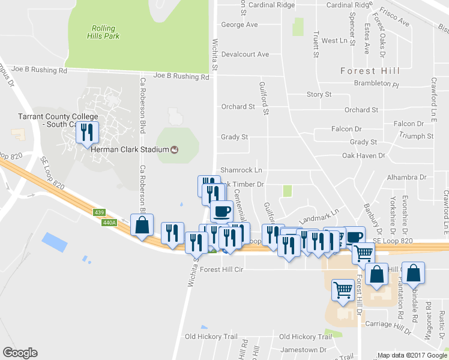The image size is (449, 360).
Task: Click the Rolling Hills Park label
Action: [106, 32]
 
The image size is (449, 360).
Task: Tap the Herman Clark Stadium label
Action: [130, 149]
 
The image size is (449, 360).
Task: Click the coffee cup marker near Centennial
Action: [222, 211]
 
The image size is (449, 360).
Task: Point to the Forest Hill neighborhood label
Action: [370, 71]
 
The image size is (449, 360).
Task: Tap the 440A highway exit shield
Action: [109, 223]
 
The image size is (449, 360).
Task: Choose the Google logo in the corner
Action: [20, 353]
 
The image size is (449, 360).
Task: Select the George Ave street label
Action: [239, 25]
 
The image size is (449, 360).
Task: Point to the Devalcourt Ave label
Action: [245, 54]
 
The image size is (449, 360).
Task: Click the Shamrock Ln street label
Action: [241, 170]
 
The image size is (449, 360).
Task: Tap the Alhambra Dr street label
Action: [406, 177]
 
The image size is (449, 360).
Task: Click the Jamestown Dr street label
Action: [306, 349]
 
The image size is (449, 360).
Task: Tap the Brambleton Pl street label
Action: [376, 85]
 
